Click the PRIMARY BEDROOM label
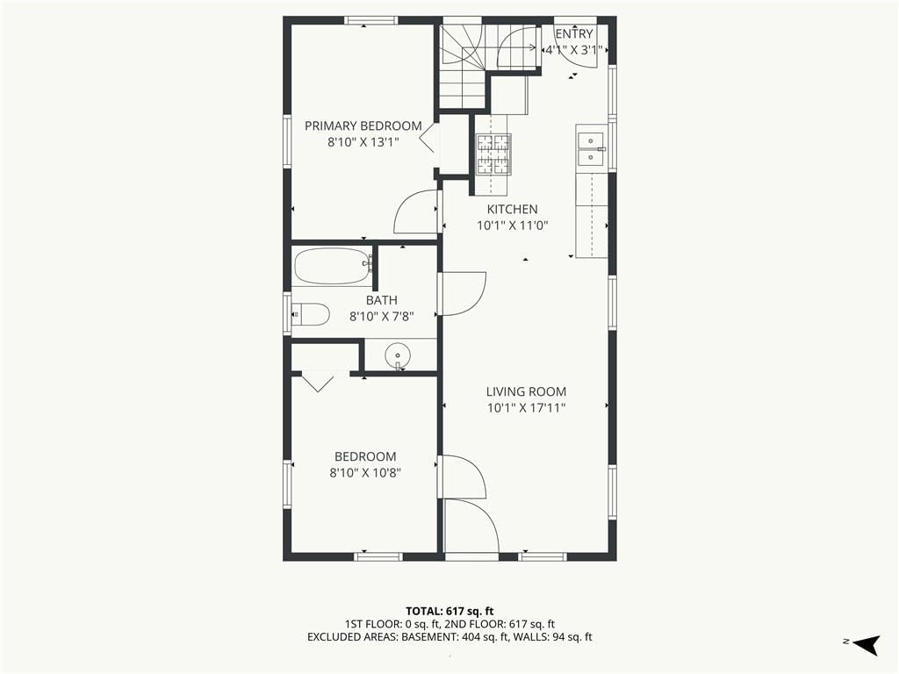pos(363,125)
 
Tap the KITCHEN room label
pos(512,209)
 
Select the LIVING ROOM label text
pos(527,391)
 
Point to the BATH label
pos(381,300)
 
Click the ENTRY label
pos(573,34)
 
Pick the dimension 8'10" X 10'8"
pos(364,473)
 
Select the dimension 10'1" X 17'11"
pos(527,408)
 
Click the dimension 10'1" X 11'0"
pos(512,226)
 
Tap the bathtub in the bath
pos(332,266)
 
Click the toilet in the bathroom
pos(310,314)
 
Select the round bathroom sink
pos(398,355)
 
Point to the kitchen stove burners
pos(493,154)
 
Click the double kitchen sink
pos(591,148)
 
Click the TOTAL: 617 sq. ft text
pos(449,611)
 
